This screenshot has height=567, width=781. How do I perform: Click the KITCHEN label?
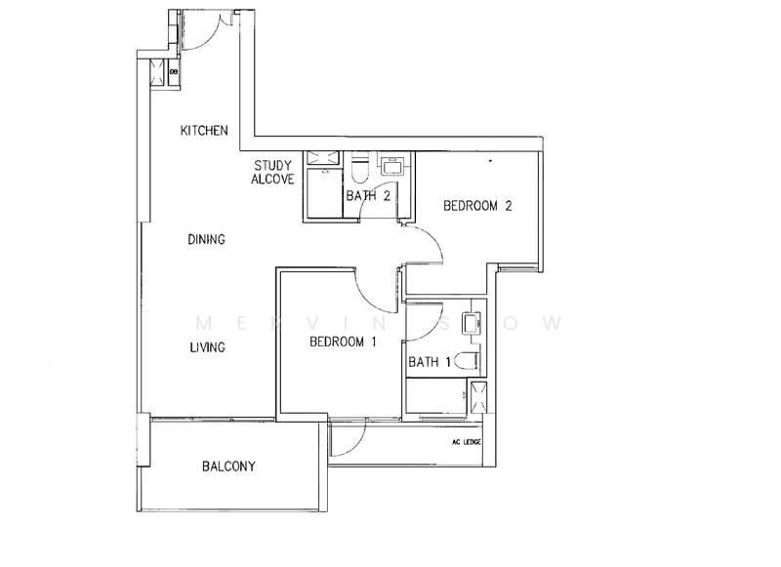coord(204,130)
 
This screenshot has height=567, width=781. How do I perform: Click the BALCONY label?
coord(228,466)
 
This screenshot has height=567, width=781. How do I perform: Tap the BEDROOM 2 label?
coord(477,206)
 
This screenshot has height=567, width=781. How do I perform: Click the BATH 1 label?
coord(430,362)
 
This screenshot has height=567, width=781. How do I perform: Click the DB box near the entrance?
coord(174,71)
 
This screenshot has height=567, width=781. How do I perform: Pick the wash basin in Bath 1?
coord(470,323)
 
